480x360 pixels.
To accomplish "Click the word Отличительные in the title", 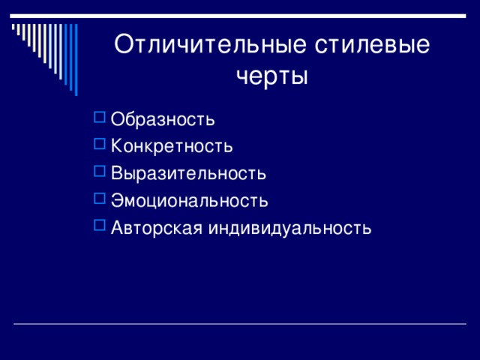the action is pos(210,45).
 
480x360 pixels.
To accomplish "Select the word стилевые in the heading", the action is pos(372,45).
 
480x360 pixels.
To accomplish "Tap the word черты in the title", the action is pos(272,76).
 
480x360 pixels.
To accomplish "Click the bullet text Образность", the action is pos(163,118).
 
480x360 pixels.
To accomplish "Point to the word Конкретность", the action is pos(172,145).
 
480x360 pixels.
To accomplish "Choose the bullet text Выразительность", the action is pos(188,173).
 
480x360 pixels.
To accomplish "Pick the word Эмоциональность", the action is pos(190,200).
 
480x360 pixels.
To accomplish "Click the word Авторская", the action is pos(157,228).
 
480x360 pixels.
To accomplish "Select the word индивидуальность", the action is pos(290,228).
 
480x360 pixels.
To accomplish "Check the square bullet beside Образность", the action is pos(100,117).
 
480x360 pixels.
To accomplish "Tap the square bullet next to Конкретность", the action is pos(100,144).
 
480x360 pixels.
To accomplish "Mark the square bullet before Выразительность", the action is pos(100,171).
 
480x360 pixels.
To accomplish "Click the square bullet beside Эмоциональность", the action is pos(100,198).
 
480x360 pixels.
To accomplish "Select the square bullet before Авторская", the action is pos(100,225).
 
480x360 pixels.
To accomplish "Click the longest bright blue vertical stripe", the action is pos(76,60).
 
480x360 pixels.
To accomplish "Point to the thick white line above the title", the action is pos(238,16).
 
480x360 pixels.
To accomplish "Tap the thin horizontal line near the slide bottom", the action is pos(240,323).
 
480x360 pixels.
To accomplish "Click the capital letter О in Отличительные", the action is pos(124,45).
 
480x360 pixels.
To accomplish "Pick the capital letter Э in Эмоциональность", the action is pos(118,200).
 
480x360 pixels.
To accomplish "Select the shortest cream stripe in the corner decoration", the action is pos(13,27).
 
